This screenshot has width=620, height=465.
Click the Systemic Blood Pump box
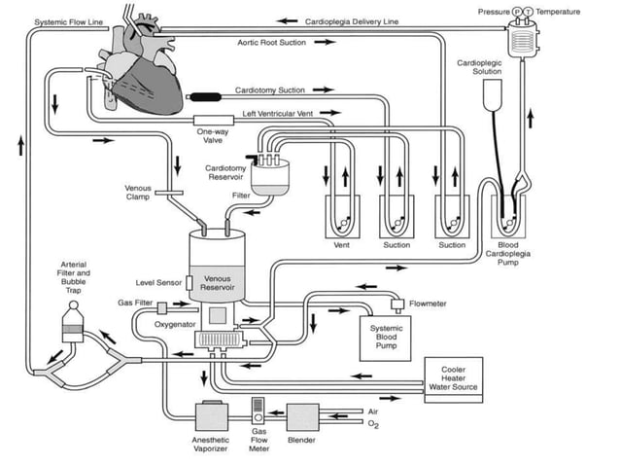386,336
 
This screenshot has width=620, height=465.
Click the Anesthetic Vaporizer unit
212,416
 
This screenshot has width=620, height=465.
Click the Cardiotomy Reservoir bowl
270,174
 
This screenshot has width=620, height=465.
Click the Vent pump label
341,245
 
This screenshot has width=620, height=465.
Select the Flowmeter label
428,303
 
